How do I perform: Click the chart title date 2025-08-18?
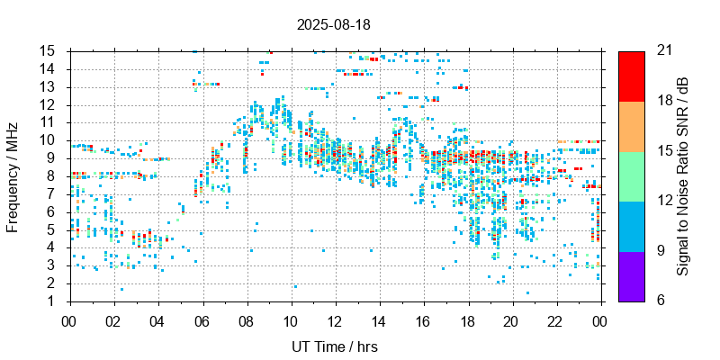(334, 24)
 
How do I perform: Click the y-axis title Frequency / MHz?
(13, 175)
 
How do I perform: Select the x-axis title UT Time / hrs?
(334, 346)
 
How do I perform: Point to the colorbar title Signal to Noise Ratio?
(683, 175)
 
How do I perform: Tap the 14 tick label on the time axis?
(379, 319)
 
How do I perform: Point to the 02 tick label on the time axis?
(113, 319)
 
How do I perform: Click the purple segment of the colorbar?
(632, 275)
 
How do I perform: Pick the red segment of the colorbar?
(632, 76)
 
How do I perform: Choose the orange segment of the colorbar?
(632, 126)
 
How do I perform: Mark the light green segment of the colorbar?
(632, 175)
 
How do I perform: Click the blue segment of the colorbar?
(632, 225)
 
